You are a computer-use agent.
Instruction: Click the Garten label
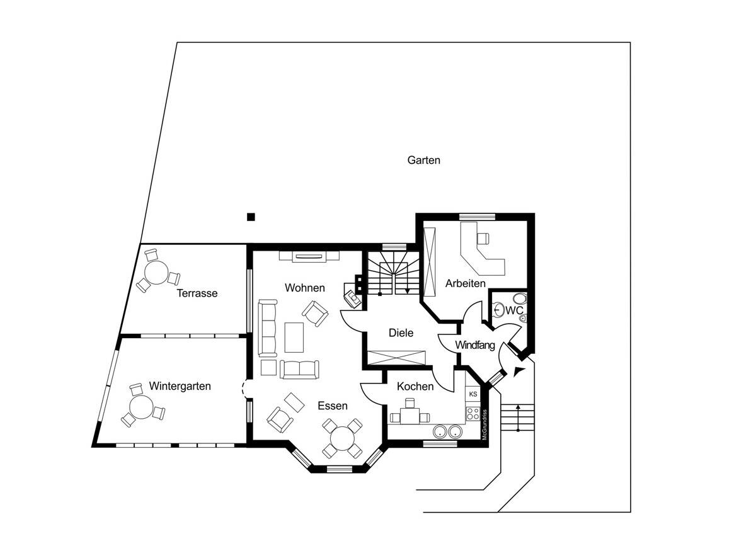(423, 160)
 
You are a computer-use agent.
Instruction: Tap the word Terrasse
(197, 293)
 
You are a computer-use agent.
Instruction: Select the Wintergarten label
(180, 386)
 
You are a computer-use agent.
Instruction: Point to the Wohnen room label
(304, 288)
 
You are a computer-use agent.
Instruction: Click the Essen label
(332, 406)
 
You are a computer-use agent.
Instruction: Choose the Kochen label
(415, 387)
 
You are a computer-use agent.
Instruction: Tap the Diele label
(401, 332)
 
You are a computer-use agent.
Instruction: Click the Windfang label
(475, 345)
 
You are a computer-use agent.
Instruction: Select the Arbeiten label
(466, 283)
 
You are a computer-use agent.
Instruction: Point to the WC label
(514, 310)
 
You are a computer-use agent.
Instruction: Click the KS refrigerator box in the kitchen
(472, 394)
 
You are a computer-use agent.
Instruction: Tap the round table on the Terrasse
(155, 273)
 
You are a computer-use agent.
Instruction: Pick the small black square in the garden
(251, 217)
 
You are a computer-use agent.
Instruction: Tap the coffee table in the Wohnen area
(294, 337)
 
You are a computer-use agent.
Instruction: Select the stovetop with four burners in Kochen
(472, 414)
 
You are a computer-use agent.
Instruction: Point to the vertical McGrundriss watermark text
(484, 426)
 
